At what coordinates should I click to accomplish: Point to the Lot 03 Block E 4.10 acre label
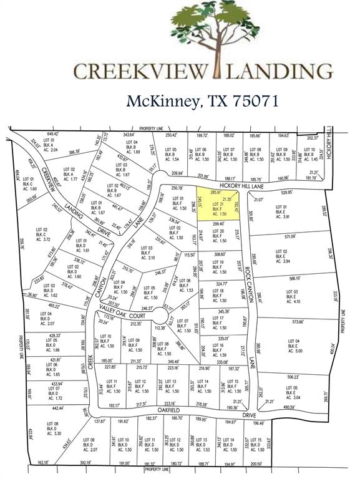coord(293,296)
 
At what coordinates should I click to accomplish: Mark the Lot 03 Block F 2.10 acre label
coord(147,253)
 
